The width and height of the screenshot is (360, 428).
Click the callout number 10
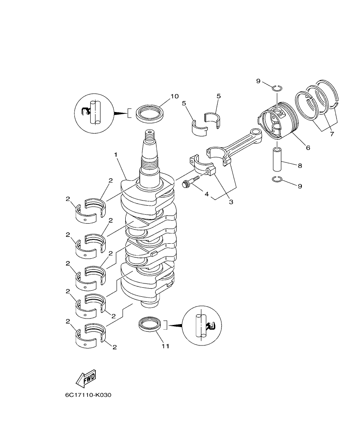tap(174, 96)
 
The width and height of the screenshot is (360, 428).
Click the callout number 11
tap(165, 346)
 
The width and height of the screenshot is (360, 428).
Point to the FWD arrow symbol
tap(86, 378)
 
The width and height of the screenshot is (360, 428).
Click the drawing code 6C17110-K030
tap(88, 395)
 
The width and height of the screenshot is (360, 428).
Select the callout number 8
tap(300, 165)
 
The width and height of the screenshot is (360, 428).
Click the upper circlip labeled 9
tap(277, 88)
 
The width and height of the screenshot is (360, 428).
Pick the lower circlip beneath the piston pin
tap(277, 179)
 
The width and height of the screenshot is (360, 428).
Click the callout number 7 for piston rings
tap(332, 134)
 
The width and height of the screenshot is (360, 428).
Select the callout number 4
tap(207, 194)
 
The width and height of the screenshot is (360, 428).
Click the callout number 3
tap(230, 201)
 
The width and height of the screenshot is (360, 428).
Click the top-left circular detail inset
tap(94, 113)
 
